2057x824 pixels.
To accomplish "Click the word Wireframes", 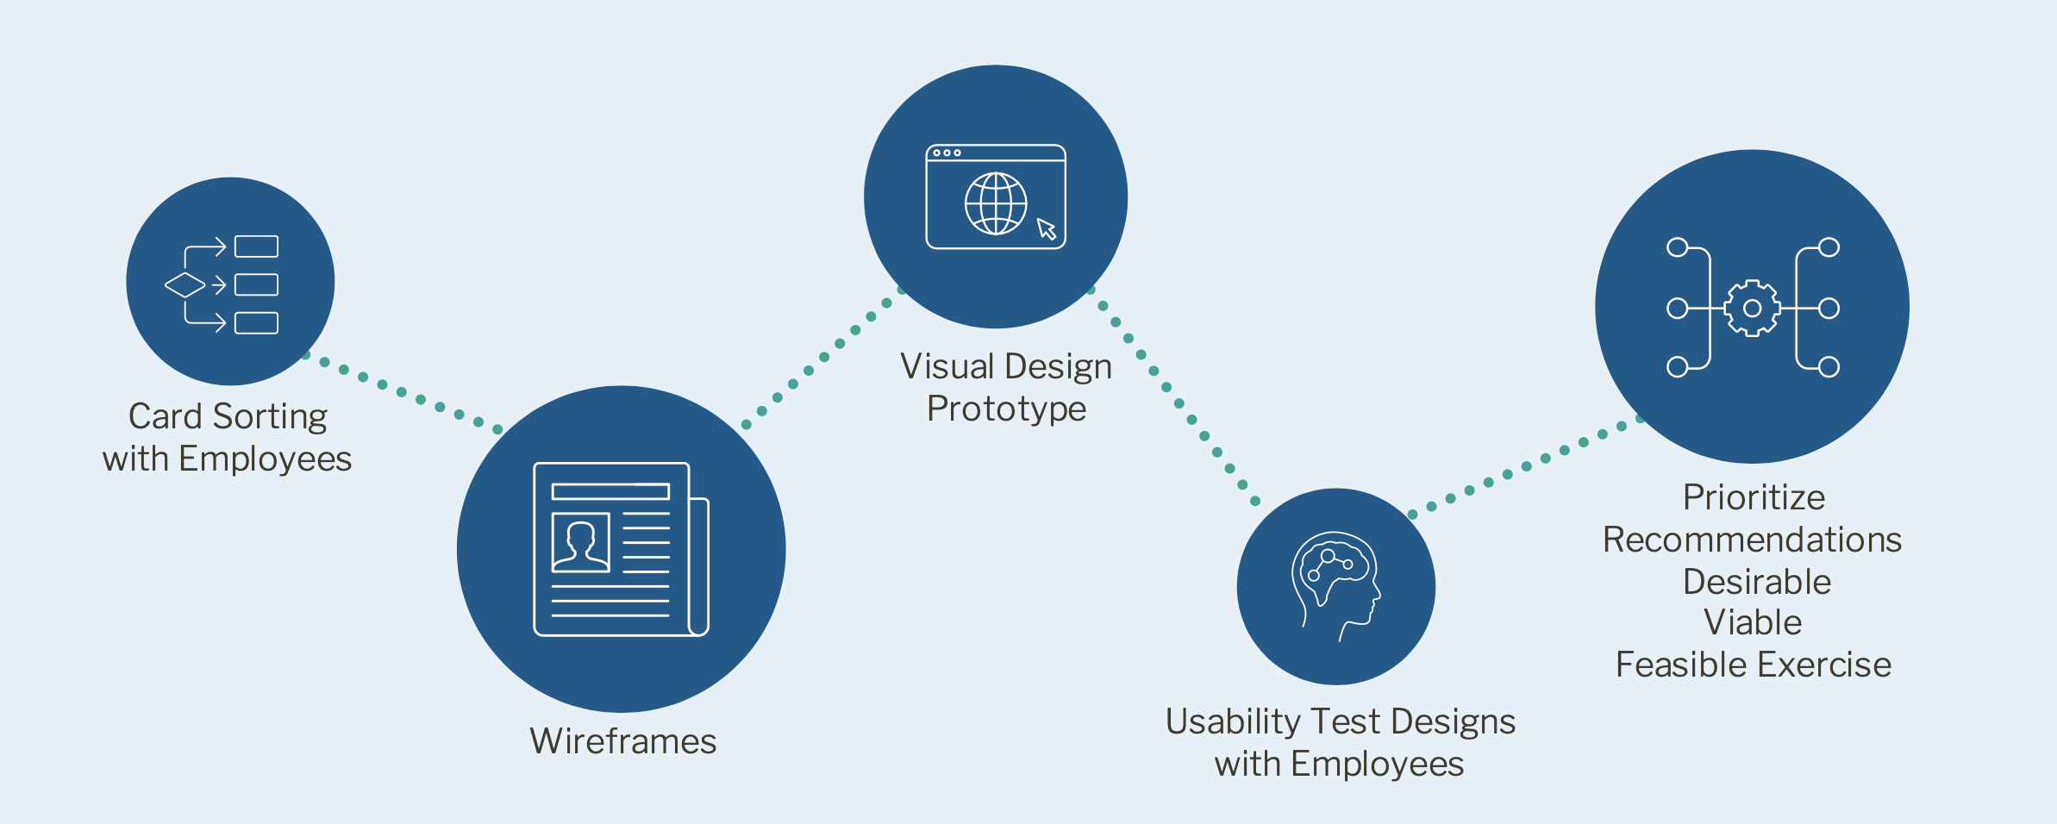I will point(622,741).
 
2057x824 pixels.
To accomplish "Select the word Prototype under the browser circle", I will point(1006,409).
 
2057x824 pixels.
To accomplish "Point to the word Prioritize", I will point(1754,497).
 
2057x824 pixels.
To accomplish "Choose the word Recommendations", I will point(1752,540).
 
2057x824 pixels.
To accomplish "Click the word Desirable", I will point(1756,582).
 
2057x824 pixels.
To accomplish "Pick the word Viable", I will point(1753,622).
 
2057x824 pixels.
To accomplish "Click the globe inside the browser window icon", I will point(996,203).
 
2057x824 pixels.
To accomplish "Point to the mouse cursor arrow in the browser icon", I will point(1047,228).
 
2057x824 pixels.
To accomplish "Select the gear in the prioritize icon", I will point(1751,308).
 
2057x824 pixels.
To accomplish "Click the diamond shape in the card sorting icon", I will point(184,284).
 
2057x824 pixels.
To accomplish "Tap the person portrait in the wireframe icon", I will point(580,543).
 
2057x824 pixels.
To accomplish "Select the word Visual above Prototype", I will point(947,367).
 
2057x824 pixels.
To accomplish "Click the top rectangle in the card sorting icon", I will point(256,247).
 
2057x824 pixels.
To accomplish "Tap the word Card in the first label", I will point(165,417).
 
